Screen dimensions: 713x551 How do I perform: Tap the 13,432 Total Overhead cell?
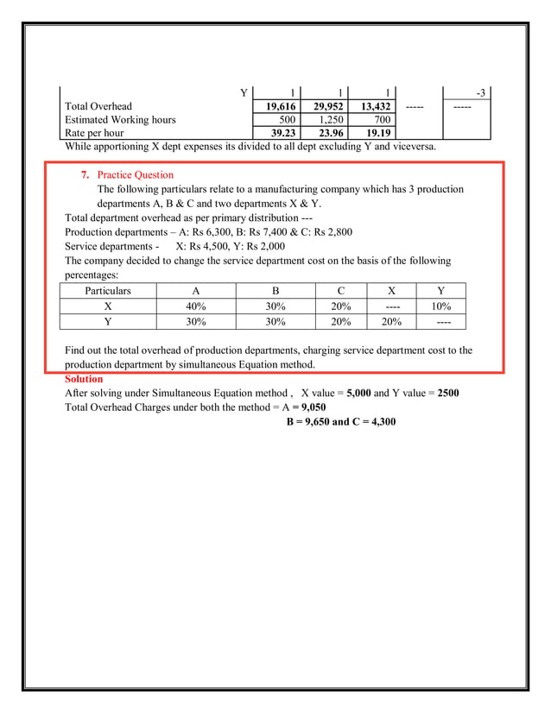point(370,106)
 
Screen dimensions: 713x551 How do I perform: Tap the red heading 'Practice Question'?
point(135,175)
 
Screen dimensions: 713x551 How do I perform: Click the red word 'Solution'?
point(84,380)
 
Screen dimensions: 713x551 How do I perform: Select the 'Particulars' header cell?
point(108,291)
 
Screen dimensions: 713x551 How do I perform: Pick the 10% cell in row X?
point(441,306)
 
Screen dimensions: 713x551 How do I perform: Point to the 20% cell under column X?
point(392,322)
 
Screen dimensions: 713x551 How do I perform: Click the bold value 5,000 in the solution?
point(358,394)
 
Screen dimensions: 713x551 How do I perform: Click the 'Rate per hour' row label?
point(94,134)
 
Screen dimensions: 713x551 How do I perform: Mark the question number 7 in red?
point(85,175)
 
